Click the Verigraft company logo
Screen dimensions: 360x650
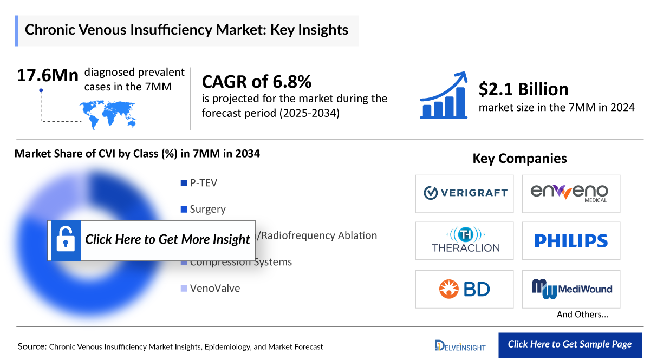tap(464, 193)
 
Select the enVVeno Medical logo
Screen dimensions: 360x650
tap(571, 193)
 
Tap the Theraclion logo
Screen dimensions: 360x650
tap(464, 240)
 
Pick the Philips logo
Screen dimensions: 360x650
tap(571, 240)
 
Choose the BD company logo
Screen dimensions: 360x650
tap(464, 289)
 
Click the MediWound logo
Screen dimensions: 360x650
tap(571, 289)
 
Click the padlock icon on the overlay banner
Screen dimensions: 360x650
tap(66, 239)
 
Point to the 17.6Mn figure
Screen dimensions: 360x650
tap(47, 75)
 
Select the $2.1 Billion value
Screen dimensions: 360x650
tap(523, 89)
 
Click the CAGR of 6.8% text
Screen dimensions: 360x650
tap(256, 82)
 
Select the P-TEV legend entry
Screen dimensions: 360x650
tap(203, 183)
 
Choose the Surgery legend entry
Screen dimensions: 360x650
tap(207, 209)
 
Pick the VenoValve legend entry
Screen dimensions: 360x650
tap(214, 288)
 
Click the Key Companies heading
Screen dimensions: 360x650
tap(519, 158)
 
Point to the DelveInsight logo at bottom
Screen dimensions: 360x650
tap(460, 345)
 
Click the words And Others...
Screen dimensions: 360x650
tap(582, 315)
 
